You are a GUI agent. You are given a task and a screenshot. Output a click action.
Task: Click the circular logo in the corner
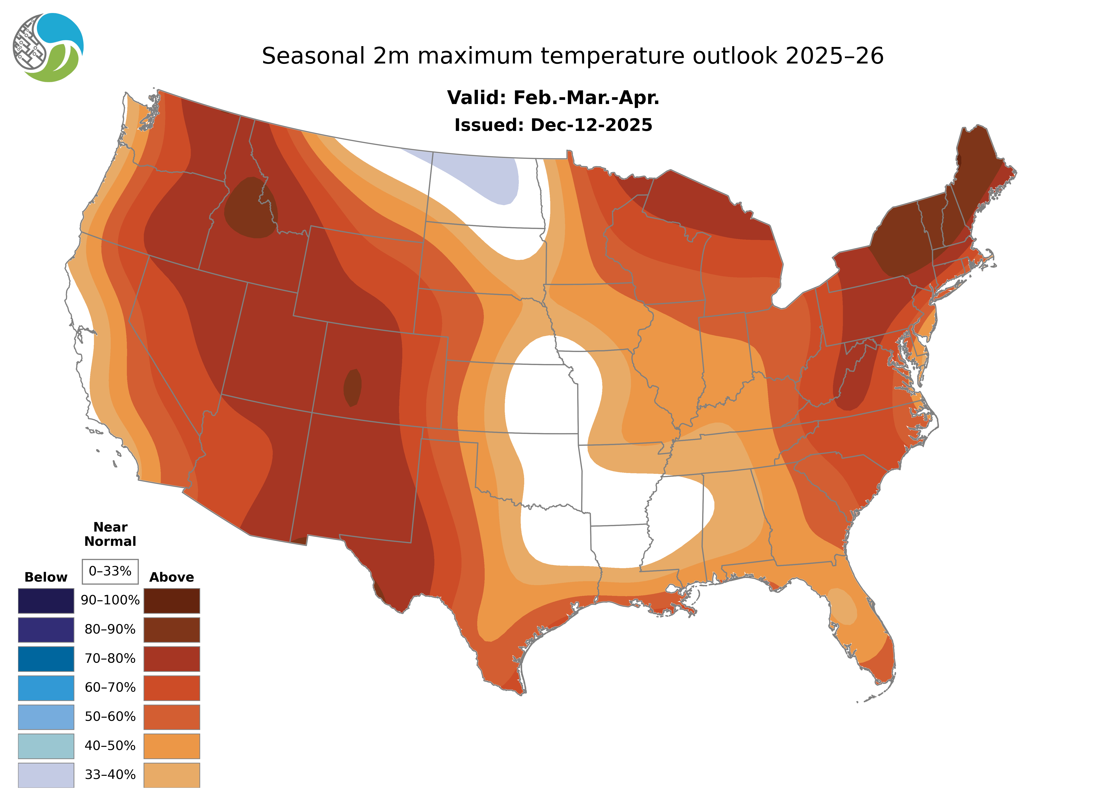(48, 48)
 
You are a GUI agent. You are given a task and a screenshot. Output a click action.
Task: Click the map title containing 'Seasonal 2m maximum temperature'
(572, 56)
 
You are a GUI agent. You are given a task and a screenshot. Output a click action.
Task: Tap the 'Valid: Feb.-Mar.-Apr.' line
(553, 98)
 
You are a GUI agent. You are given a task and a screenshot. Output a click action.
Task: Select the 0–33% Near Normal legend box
(110, 571)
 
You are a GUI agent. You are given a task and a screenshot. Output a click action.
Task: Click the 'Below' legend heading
(46, 577)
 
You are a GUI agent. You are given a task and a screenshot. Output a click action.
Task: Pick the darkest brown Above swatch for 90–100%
(172, 601)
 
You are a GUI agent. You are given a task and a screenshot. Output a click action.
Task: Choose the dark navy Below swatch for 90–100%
(46, 601)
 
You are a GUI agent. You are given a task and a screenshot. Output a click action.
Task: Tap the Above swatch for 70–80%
(172, 659)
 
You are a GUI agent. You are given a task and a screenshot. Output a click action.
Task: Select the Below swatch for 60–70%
(46, 688)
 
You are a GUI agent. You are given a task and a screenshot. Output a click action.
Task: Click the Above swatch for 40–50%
(172, 746)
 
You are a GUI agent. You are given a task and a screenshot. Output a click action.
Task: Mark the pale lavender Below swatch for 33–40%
(46, 775)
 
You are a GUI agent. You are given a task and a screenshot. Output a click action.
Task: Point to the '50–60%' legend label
(110, 717)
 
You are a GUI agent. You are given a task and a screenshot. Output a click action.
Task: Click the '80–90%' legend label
(110, 630)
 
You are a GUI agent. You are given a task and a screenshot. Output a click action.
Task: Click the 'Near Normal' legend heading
(110, 534)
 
